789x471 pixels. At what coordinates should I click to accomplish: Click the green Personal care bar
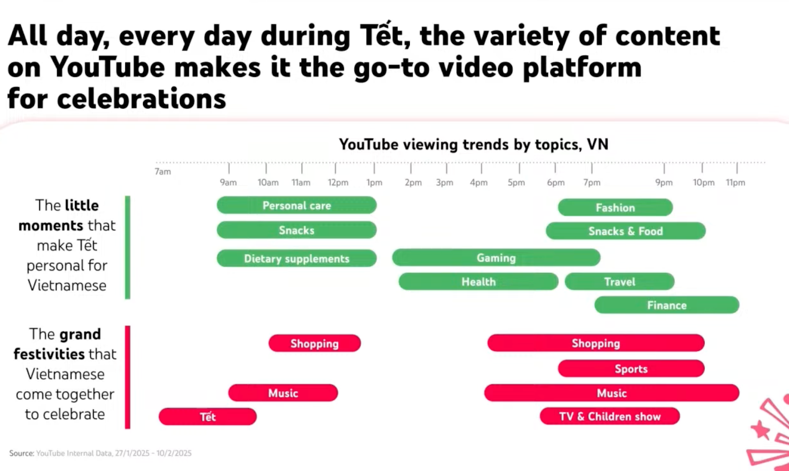(296, 205)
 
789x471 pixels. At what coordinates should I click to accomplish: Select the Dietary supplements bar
(296, 258)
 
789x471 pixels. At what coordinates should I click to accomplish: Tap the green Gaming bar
(496, 258)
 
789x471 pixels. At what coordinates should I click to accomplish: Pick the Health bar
(478, 282)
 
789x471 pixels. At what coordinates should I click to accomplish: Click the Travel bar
(619, 282)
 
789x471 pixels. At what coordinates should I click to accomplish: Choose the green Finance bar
(667, 305)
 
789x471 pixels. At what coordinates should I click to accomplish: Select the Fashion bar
(615, 207)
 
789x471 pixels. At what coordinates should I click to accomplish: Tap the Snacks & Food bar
(626, 231)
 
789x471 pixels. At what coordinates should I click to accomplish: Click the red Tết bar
(208, 417)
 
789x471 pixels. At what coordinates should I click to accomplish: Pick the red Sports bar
(631, 369)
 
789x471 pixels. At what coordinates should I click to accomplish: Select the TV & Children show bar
(610, 416)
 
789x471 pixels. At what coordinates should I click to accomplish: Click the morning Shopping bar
(315, 343)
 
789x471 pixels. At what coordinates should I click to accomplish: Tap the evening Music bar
(612, 393)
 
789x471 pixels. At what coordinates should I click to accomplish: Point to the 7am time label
(163, 172)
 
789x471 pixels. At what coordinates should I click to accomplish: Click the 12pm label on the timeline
(338, 183)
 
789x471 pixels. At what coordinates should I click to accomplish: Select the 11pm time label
(735, 183)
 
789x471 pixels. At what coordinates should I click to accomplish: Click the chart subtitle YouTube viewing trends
(474, 144)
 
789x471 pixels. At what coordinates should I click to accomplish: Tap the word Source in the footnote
(22, 453)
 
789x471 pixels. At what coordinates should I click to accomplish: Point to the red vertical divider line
(128, 377)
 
